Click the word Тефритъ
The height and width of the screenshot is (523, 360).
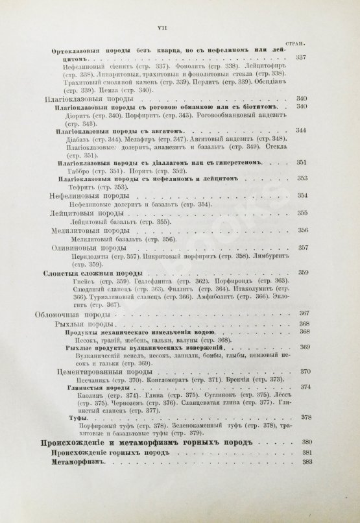(x=80, y=187)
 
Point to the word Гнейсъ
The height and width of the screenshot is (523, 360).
(x=75, y=280)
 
